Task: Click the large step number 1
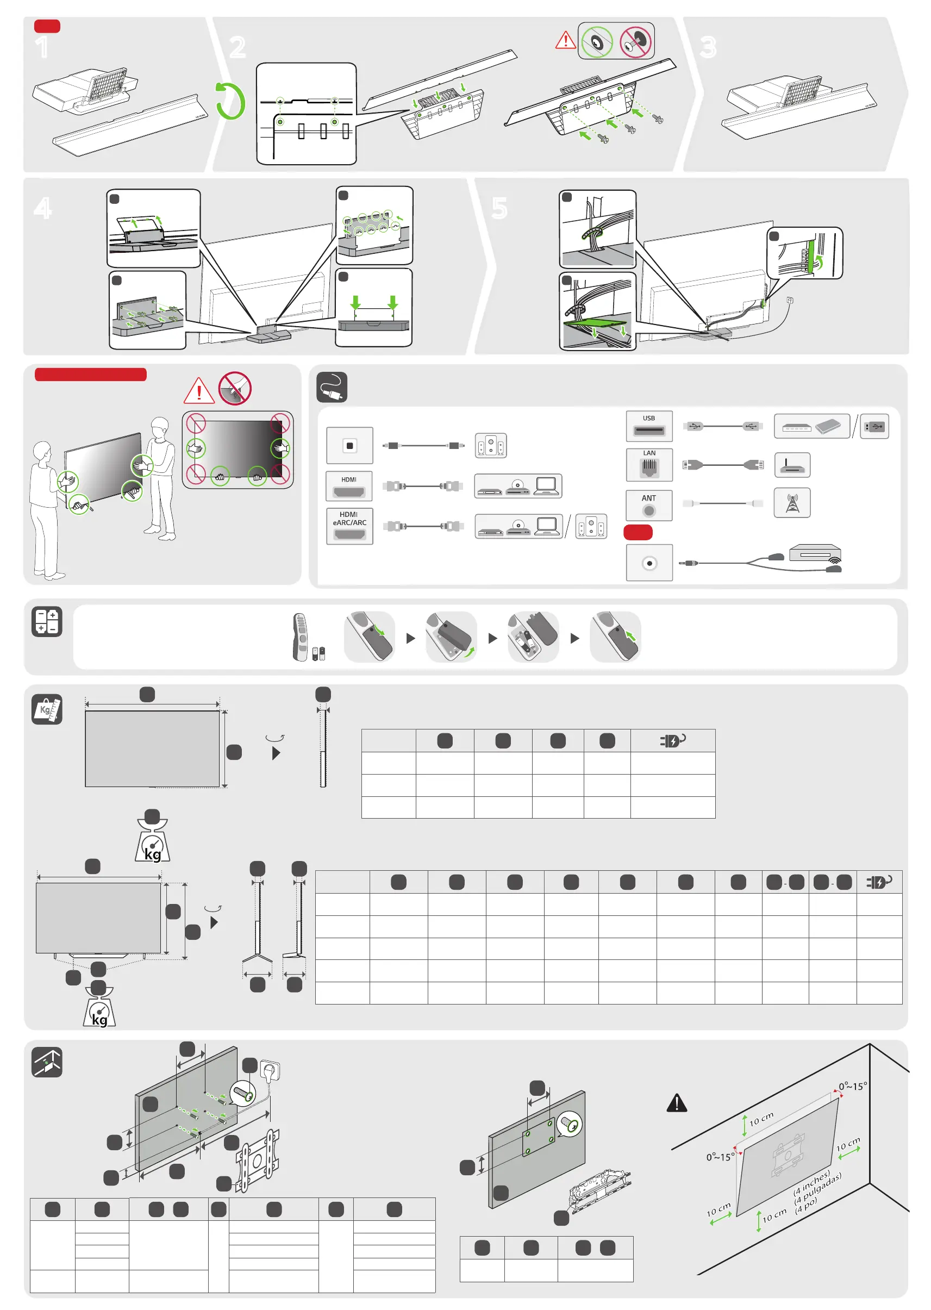tap(42, 47)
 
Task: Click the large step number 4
tap(43, 208)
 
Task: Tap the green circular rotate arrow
tap(230, 101)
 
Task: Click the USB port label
tap(648, 418)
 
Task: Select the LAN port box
tap(649, 465)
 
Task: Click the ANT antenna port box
tap(649, 505)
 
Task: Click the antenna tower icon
tap(792, 503)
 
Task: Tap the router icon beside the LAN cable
tap(792, 465)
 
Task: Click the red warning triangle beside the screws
tap(565, 41)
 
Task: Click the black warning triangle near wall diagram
tap(677, 1102)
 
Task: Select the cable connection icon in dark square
tap(332, 387)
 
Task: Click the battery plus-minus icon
tap(47, 622)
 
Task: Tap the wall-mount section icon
tap(47, 1062)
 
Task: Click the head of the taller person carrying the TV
tap(160, 427)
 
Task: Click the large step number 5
tap(499, 208)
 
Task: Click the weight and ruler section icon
tap(47, 710)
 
